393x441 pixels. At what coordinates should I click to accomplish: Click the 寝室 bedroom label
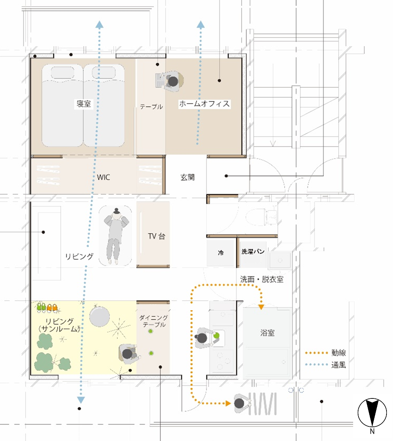tap(84, 104)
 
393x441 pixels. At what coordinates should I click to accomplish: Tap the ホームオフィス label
tap(204, 104)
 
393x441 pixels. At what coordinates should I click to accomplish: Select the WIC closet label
tap(103, 177)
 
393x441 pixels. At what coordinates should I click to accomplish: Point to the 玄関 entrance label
tap(187, 177)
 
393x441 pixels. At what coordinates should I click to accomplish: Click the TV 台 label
tap(156, 236)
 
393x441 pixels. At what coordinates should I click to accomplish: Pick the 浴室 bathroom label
tap(267, 333)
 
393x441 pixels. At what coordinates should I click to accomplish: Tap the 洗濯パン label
tap(253, 252)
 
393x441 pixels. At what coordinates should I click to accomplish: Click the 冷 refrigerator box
tap(221, 253)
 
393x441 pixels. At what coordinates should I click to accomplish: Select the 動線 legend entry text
tap(339, 352)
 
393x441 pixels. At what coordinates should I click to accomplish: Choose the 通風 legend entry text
tap(339, 365)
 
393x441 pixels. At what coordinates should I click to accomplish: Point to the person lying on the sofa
tap(115, 236)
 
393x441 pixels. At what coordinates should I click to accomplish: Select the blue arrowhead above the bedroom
tap(99, 25)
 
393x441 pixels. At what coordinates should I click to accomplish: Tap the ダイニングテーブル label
tap(154, 321)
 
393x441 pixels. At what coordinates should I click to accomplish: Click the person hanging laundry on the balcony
tap(241, 403)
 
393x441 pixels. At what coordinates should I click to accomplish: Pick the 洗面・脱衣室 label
tap(262, 279)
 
